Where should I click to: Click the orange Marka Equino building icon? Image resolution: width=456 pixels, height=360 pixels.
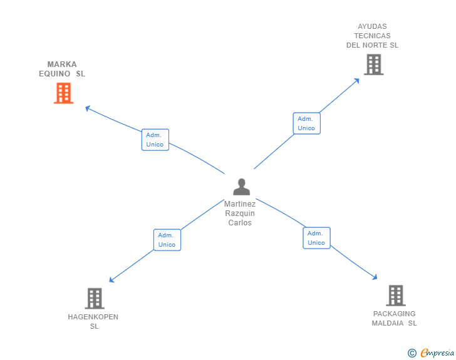tap(63, 93)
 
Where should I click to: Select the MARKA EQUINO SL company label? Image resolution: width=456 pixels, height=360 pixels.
tap(63, 69)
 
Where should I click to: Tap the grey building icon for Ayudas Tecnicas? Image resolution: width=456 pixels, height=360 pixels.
tap(373, 64)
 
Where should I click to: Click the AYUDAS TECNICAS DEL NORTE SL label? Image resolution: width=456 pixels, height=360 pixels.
tap(373, 36)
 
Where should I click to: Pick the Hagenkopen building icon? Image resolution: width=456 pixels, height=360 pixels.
tap(94, 298)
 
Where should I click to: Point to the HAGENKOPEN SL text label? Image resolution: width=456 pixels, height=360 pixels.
tap(93, 321)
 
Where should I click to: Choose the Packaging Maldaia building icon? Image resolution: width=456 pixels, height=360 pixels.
tap(395, 295)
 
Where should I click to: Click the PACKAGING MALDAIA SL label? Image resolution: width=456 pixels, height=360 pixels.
tap(394, 318)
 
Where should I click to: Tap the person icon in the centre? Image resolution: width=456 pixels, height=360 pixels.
tap(241, 187)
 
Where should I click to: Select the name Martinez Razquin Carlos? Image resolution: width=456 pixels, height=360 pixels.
tap(241, 213)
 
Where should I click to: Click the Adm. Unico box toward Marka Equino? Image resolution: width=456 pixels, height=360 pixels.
tap(155, 140)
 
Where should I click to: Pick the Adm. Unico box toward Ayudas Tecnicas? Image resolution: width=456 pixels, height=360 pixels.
tap(306, 123)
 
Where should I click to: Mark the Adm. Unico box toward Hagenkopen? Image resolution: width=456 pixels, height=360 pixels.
tap(167, 240)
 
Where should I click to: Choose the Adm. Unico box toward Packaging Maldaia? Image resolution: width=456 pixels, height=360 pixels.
tap(316, 238)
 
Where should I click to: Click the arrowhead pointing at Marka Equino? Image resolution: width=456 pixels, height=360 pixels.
tap(88, 108)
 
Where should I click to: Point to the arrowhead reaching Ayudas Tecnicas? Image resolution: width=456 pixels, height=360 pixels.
tap(357, 80)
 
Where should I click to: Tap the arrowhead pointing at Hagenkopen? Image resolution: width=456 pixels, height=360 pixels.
tap(111, 280)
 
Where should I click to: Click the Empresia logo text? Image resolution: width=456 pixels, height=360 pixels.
tap(437, 353)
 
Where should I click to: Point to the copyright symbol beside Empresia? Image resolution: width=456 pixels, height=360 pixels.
tap(412, 353)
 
